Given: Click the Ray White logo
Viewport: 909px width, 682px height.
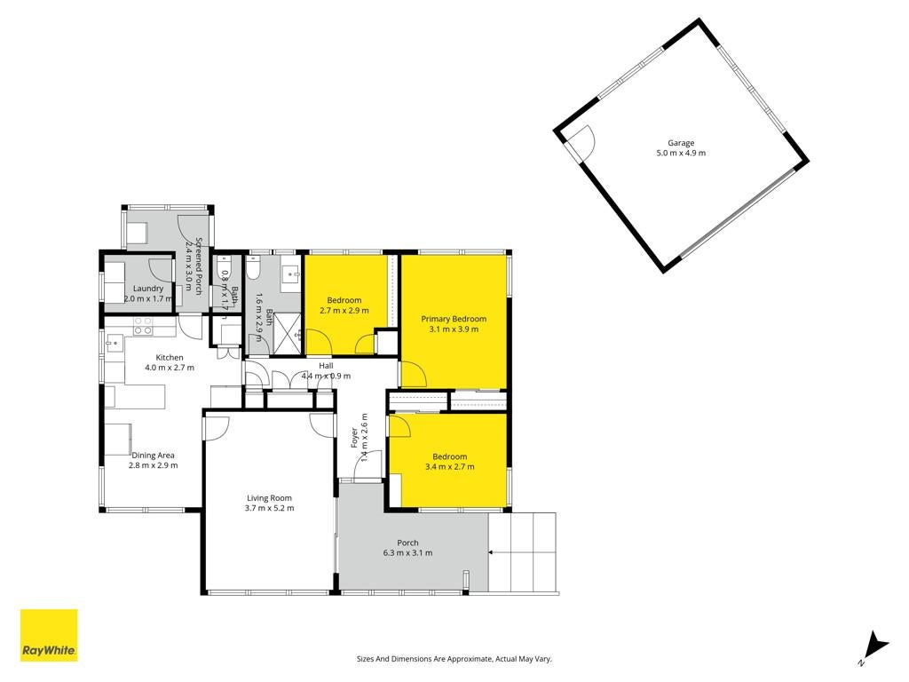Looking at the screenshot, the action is [x=49, y=635].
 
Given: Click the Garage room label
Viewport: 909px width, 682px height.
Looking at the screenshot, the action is [x=681, y=143].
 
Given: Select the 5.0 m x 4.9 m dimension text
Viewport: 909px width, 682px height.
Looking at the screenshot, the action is [x=681, y=153].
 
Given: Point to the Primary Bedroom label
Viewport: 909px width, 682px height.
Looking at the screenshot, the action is [x=454, y=319].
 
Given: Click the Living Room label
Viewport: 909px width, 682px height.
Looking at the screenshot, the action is [x=269, y=498].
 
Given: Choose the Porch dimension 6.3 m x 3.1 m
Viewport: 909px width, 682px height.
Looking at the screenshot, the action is [x=407, y=552].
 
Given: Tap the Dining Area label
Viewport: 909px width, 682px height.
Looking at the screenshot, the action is [x=153, y=456].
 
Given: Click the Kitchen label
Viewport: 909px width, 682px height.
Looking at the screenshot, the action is [x=170, y=358].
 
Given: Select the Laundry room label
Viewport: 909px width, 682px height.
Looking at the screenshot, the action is [x=148, y=289].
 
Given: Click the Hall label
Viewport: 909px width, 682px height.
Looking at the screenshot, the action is [x=326, y=366].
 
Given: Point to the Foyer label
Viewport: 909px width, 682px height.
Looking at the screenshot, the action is [x=354, y=438].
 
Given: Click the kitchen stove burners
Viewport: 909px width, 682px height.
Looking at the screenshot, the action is [x=143, y=326].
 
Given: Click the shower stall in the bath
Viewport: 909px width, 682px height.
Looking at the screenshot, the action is [x=287, y=333].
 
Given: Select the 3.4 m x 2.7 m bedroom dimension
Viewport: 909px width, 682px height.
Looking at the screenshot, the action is [x=449, y=467].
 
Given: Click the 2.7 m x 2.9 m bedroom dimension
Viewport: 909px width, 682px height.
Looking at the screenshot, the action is [x=344, y=310].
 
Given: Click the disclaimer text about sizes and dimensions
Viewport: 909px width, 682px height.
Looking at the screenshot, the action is [x=454, y=659].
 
